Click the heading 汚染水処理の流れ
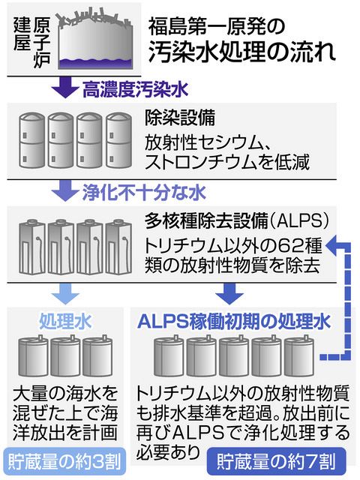242,52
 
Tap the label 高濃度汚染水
135,89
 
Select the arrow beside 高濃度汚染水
65,87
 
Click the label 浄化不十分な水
144,193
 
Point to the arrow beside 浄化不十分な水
65,190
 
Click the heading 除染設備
180,118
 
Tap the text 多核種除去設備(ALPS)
237,221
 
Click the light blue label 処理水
65,322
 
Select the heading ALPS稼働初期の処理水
234,322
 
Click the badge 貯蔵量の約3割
64,462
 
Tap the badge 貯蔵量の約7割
277,462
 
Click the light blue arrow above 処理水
65,293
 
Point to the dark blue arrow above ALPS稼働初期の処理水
229,293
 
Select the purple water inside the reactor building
95,63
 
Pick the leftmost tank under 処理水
33,357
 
